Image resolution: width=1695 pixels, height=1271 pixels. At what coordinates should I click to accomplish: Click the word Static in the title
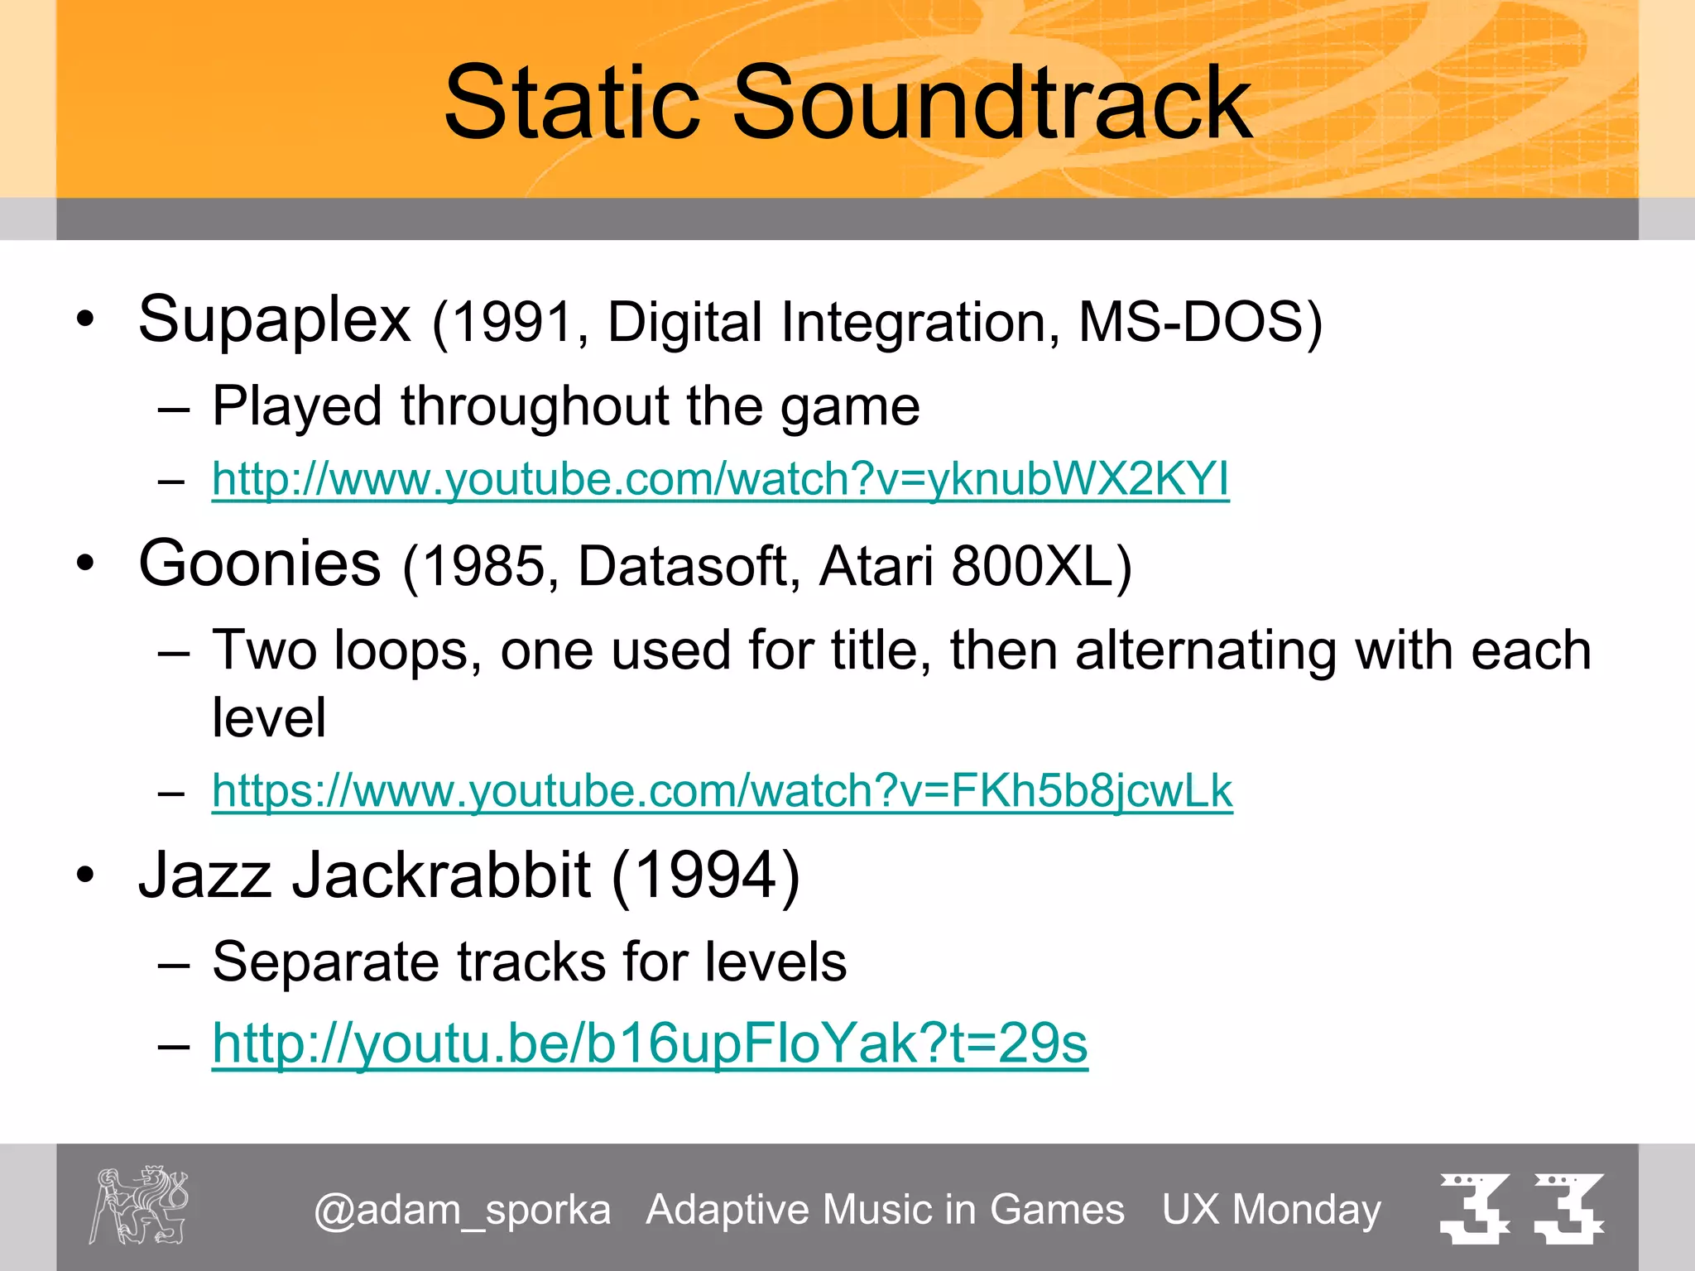[x=571, y=103]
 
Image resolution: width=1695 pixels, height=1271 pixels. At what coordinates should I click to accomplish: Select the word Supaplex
[x=274, y=320]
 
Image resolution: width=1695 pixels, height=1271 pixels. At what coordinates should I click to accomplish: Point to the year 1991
[x=513, y=322]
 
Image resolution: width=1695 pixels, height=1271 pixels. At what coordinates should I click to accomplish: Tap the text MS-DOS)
[x=1200, y=322]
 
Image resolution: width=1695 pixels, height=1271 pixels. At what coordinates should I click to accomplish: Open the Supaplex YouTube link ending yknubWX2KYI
[x=720, y=479]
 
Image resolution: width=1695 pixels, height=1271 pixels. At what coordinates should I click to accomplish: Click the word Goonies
[x=260, y=564]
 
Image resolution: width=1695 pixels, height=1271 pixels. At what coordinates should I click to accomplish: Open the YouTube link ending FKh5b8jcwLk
[x=722, y=790]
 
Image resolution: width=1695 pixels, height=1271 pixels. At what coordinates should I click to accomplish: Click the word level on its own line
[x=269, y=717]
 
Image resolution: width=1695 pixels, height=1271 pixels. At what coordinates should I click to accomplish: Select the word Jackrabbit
[x=441, y=875]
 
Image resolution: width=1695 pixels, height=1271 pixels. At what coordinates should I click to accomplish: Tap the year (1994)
[x=705, y=875]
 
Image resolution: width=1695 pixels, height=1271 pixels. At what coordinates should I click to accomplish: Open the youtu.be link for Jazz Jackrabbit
[x=650, y=1043]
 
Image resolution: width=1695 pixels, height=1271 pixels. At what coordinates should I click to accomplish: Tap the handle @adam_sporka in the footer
[x=462, y=1210]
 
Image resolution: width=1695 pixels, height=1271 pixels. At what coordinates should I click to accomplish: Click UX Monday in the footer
[x=1271, y=1210]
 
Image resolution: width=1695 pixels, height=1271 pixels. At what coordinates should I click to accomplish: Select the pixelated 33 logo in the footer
[x=1521, y=1208]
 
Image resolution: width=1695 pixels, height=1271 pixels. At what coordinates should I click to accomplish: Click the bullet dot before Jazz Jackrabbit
[x=85, y=875]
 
